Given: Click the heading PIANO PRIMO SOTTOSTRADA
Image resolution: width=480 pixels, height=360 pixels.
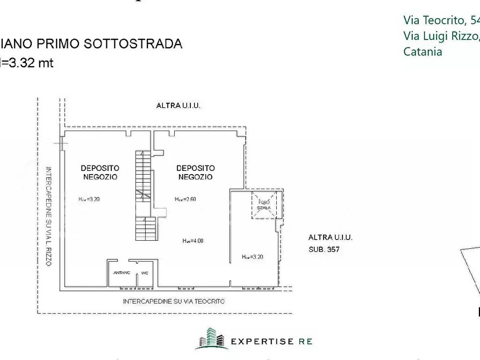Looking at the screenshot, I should pos(91,44).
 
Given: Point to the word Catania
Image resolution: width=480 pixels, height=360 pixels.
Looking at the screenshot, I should pos(422,52).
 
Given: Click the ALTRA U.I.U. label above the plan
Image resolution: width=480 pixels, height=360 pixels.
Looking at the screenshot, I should pos(178,106).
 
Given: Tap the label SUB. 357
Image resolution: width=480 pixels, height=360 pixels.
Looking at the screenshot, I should pos(324,249).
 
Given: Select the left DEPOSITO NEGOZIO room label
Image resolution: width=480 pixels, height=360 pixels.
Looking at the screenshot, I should pos(100,172).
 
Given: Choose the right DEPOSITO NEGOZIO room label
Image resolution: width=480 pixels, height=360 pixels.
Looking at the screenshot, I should pos(195,172).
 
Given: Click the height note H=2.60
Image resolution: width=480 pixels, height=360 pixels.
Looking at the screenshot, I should pos(185,199).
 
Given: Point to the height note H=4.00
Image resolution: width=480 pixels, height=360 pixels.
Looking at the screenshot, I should pos(192,241).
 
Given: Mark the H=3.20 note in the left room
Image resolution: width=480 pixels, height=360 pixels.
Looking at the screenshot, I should pos(89,199).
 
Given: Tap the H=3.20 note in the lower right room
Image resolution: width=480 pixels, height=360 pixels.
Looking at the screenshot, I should pos(253,257).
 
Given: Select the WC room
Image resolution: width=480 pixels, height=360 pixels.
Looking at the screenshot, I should pos(145,273).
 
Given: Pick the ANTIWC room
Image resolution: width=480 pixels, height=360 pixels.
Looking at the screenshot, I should pos(121,273).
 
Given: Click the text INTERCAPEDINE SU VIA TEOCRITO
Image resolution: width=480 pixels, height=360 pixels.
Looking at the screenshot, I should pos(174,301).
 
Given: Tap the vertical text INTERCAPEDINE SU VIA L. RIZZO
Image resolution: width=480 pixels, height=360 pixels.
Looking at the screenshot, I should pos(48,217).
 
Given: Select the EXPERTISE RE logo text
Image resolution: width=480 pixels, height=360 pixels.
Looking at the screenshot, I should pos(271,341).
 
